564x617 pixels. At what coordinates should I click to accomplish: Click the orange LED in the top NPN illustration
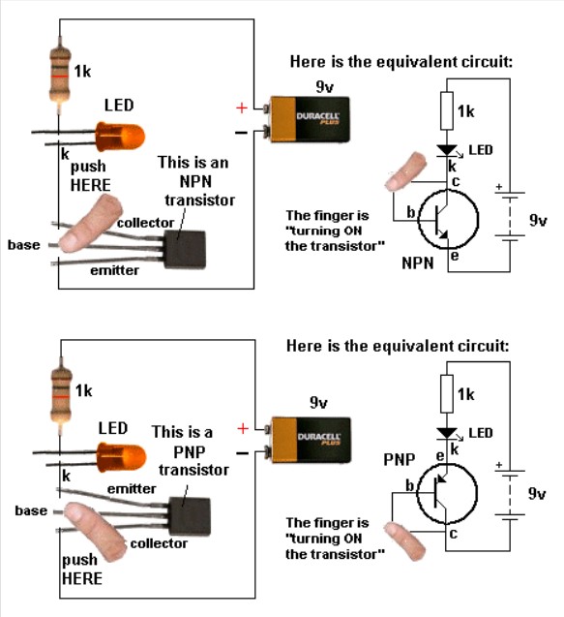click(x=120, y=137)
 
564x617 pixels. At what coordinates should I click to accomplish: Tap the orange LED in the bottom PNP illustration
click(x=122, y=457)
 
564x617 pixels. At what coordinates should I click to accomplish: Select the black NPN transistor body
click(x=185, y=250)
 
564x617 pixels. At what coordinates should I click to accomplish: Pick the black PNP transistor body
click(x=190, y=517)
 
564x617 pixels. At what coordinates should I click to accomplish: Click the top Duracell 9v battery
click(x=307, y=119)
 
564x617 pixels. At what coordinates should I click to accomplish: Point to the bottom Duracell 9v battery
click(x=308, y=440)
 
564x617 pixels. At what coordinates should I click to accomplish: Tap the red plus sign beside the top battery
click(x=242, y=108)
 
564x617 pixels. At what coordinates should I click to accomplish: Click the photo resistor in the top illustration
click(x=60, y=75)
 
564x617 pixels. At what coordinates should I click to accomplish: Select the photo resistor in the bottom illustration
click(x=61, y=395)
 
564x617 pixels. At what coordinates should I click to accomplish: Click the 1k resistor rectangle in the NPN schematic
click(x=447, y=110)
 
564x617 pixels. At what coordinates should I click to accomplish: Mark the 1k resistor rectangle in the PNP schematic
click(x=447, y=393)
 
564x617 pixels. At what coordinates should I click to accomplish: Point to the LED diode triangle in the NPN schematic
click(x=447, y=150)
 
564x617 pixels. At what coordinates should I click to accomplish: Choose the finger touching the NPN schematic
click(x=404, y=171)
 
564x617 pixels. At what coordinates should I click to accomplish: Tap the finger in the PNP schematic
click(x=404, y=540)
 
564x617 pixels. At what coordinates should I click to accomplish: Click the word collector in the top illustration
click(x=145, y=223)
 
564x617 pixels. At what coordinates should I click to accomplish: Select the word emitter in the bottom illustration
click(x=132, y=489)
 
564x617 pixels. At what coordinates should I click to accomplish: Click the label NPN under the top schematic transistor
click(x=417, y=262)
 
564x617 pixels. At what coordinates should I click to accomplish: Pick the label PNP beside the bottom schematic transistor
click(x=400, y=459)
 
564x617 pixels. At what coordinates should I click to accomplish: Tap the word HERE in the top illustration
click(x=90, y=185)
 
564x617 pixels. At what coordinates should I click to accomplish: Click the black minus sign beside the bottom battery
click(x=243, y=453)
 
